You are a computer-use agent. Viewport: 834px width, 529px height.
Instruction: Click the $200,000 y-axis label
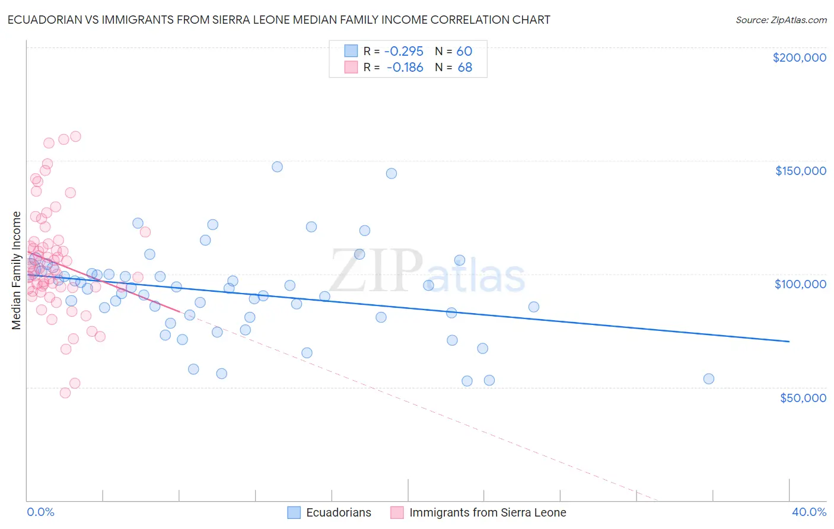[799, 58]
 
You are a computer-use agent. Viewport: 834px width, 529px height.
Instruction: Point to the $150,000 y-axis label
[800, 171]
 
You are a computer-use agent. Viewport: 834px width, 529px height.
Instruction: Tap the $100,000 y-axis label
[800, 284]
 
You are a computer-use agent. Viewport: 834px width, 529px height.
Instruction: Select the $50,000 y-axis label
[803, 398]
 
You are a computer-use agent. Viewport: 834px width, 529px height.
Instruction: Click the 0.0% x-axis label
[40, 512]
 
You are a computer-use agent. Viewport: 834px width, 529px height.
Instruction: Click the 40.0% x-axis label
[809, 512]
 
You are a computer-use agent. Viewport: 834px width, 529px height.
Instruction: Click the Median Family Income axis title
[17, 270]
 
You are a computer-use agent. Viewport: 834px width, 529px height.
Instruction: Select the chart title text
[279, 20]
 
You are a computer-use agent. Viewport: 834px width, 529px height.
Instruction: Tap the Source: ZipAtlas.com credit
[781, 20]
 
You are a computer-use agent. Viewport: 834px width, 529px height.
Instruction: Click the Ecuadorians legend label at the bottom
[338, 512]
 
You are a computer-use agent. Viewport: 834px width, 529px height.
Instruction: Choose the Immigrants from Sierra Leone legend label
[488, 512]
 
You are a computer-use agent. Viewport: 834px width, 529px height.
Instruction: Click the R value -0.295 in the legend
[404, 51]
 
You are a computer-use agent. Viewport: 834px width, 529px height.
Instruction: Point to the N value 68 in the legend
[465, 68]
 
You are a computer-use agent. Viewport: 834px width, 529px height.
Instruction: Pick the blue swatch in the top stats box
[351, 51]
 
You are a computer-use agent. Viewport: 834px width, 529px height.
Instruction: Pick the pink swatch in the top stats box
[351, 67]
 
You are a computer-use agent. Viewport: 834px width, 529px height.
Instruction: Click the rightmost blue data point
[708, 379]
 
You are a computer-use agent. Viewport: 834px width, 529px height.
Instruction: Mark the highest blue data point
[277, 167]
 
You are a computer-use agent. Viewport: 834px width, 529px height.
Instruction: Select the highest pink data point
[75, 136]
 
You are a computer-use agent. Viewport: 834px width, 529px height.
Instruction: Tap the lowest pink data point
[65, 393]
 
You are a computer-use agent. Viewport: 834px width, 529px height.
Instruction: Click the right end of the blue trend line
[789, 342]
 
